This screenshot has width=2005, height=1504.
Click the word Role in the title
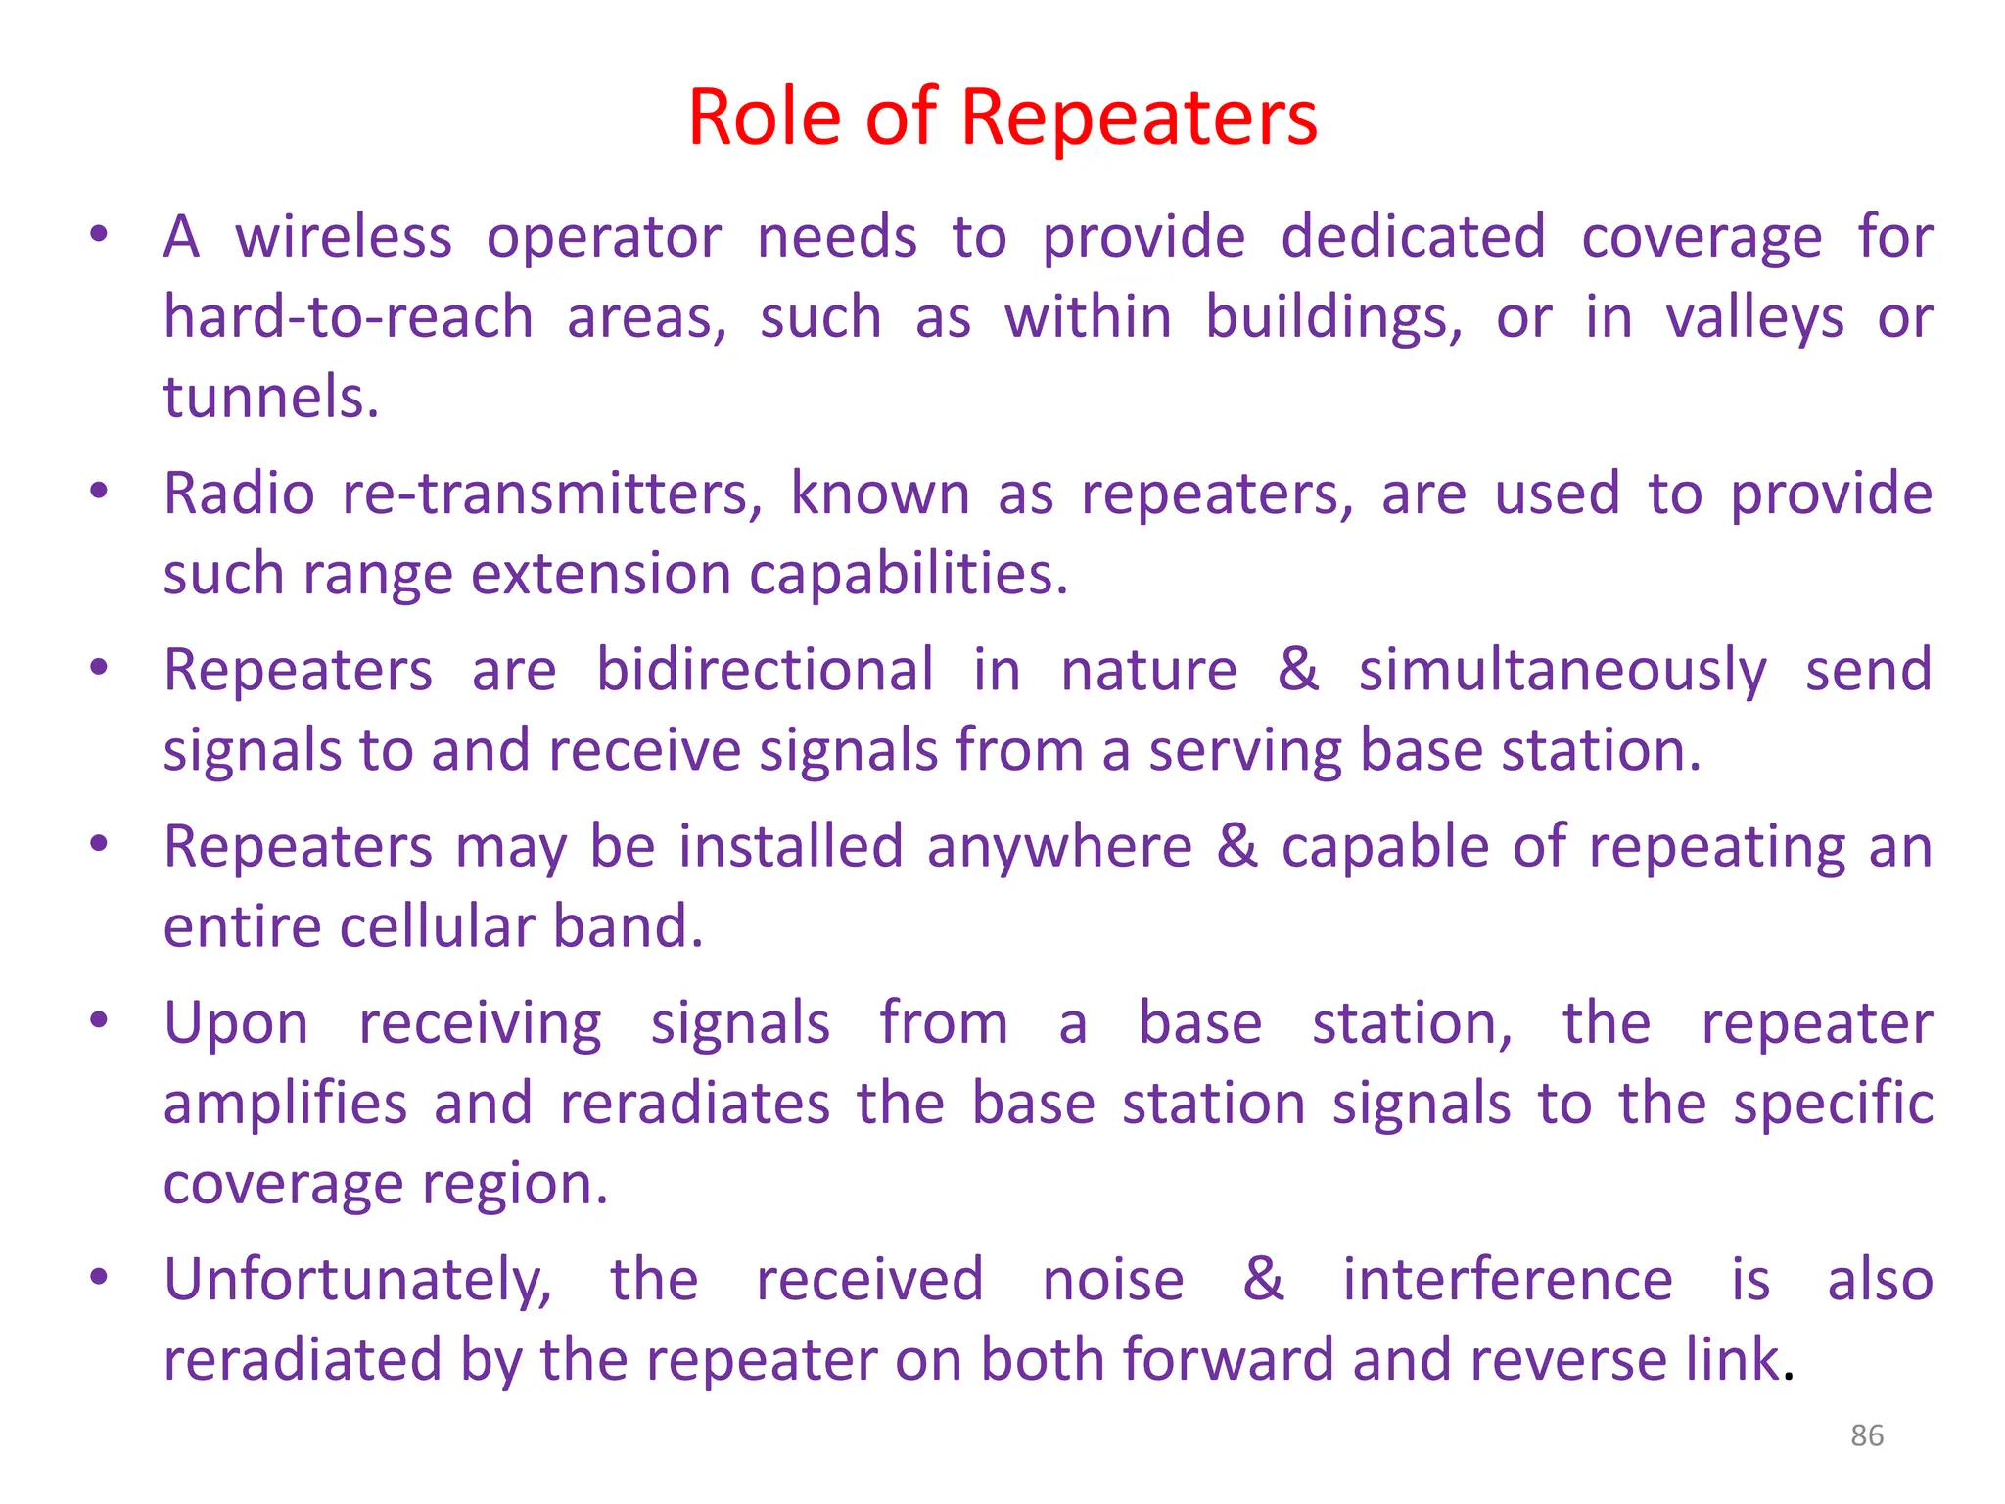(764, 117)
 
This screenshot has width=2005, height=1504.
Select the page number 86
(1866, 1435)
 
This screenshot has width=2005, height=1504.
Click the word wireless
(344, 238)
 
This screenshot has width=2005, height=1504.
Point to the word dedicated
(1413, 238)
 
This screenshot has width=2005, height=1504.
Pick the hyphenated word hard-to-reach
(349, 318)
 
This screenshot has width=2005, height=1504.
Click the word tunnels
(270, 398)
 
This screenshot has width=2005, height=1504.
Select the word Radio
(239, 493)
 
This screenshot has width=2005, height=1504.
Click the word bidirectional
(765, 671)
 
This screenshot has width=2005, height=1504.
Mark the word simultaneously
(1562, 673)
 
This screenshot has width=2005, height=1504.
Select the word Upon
(236, 1025)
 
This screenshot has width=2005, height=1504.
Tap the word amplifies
(285, 1104)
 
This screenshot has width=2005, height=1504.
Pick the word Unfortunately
(357, 1282)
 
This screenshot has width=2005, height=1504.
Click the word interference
(1507, 1281)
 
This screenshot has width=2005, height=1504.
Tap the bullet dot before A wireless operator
(98, 235)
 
